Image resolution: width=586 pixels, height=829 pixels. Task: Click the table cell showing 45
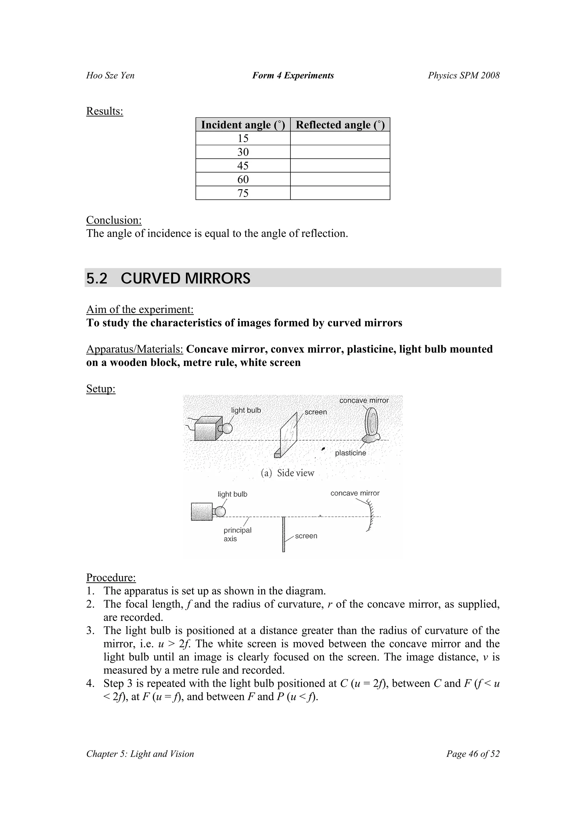click(243, 166)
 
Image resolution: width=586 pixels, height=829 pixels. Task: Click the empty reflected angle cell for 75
click(340, 193)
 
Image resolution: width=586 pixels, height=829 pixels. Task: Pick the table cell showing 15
click(243, 138)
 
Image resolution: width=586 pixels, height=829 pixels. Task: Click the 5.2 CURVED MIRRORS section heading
click(168, 278)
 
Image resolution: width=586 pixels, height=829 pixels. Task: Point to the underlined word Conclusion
click(114, 220)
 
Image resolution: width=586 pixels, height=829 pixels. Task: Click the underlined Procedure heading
click(111, 577)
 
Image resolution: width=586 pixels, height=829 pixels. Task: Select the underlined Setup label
click(101, 389)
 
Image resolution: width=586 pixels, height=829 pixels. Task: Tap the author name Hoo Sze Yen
click(110, 76)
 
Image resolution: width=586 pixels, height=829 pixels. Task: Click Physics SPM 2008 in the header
click(464, 76)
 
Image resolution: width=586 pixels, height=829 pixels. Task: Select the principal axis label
click(237, 534)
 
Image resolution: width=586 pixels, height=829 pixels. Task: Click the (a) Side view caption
click(287, 473)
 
